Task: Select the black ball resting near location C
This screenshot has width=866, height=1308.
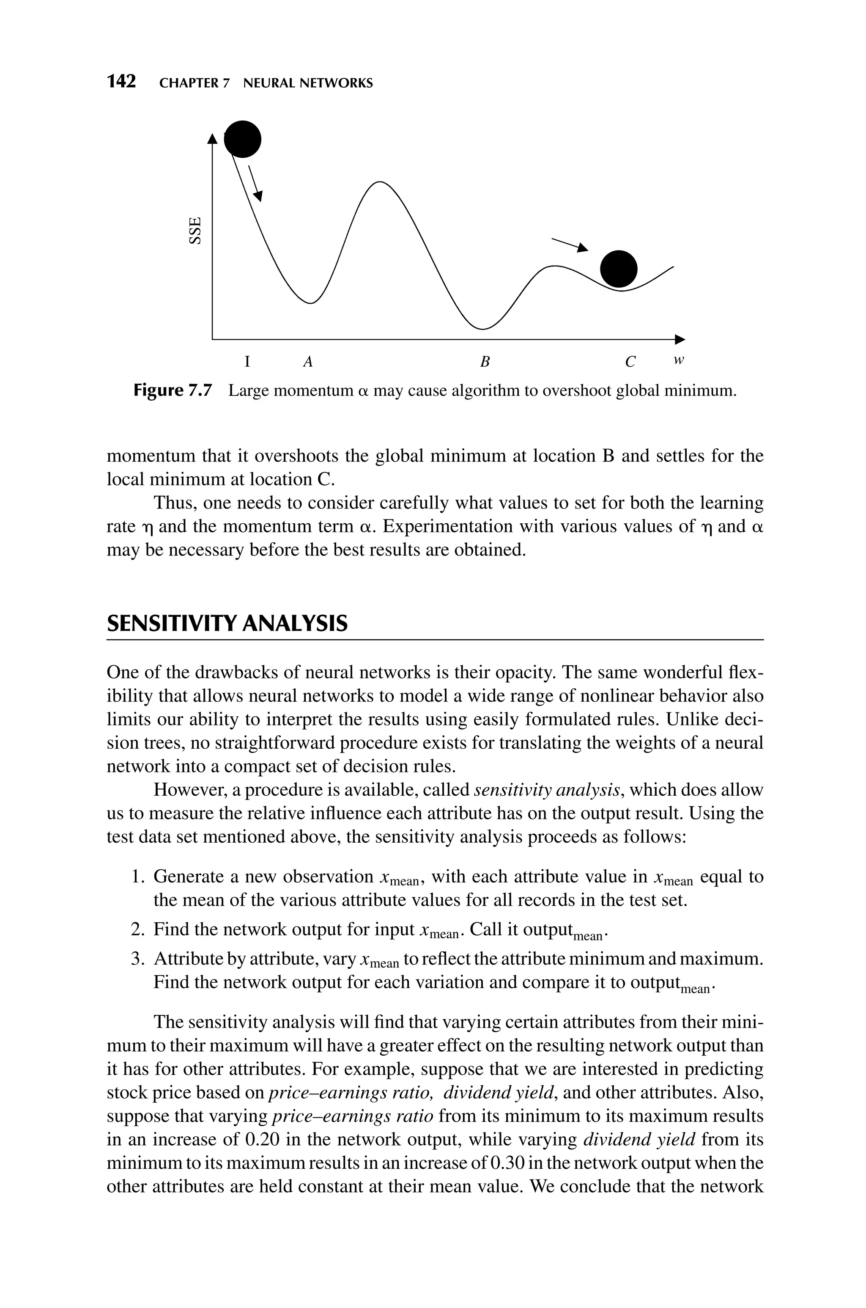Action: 619,269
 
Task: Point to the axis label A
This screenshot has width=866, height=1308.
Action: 308,362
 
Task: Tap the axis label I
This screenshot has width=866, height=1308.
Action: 248,362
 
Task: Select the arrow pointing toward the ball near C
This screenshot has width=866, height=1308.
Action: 570,244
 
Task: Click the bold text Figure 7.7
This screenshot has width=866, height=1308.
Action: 173,391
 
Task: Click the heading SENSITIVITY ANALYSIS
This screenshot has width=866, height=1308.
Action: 227,624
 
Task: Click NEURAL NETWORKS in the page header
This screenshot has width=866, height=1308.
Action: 308,83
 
